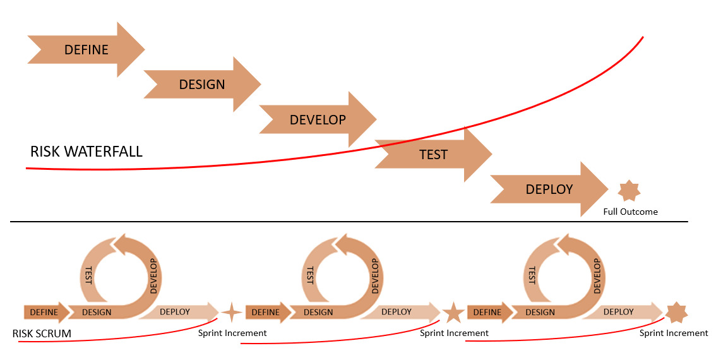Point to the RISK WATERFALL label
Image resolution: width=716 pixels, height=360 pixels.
(x=87, y=152)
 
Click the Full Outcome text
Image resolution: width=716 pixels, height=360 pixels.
(x=630, y=212)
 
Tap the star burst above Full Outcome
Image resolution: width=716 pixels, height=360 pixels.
(x=629, y=190)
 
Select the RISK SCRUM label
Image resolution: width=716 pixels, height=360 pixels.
(x=42, y=333)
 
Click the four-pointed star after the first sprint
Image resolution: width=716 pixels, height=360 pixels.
(x=232, y=312)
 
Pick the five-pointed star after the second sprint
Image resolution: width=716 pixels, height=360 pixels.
(x=453, y=312)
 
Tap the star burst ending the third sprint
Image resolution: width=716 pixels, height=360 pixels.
(x=676, y=312)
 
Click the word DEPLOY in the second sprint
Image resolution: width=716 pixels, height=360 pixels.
(x=397, y=311)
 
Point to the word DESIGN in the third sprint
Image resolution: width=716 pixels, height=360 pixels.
(x=540, y=312)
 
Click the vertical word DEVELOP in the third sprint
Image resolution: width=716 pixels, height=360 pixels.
(x=597, y=276)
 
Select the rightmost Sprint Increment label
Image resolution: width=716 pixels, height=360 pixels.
(x=674, y=333)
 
